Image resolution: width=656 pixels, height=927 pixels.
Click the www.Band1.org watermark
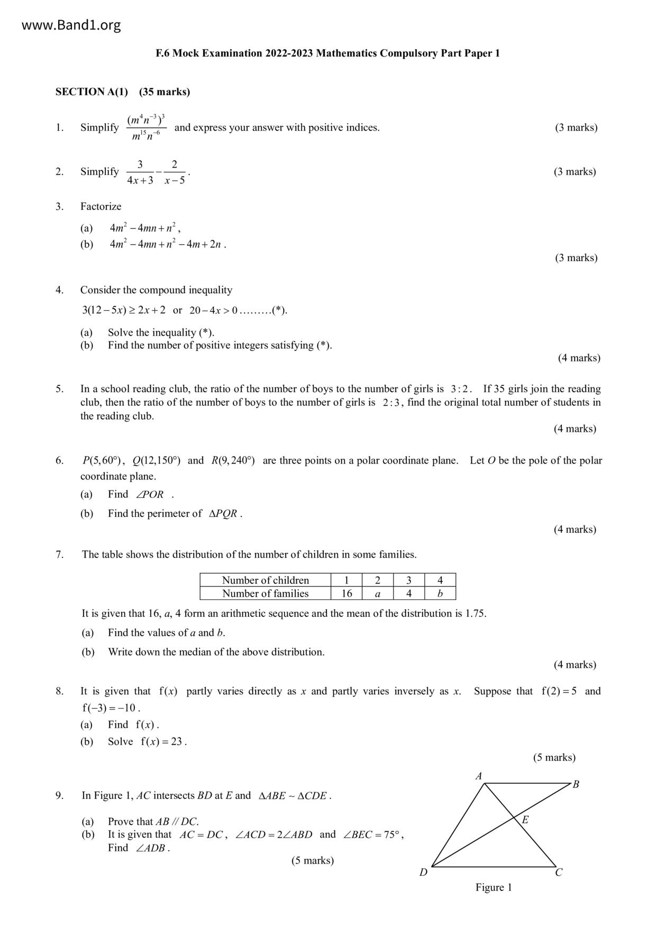pos(71,25)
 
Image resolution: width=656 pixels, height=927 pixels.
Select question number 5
pos(59,389)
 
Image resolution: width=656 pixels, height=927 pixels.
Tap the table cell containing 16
pos(347,594)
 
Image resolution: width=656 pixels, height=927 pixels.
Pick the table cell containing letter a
pos(377,594)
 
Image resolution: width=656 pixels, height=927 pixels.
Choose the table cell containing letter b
pos(440,594)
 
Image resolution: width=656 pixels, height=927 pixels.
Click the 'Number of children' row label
pos(265,580)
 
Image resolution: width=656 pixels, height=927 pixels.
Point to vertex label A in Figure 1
pos(479,776)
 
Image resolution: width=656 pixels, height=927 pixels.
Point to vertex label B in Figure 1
pos(576,784)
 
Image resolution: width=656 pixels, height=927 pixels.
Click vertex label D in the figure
pos(423,872)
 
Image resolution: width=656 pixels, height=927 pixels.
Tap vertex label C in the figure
pos(559,873)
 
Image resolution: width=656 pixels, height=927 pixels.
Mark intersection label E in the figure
pos(525,820)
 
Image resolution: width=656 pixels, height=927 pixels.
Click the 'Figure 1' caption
pos(493,887)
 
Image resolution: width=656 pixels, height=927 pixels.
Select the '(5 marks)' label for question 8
pos(554,757)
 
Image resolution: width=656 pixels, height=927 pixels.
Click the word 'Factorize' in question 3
pos(101,207)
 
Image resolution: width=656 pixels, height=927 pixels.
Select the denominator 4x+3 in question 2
pos(140,180)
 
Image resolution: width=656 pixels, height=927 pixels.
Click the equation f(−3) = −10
pos(110,708)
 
